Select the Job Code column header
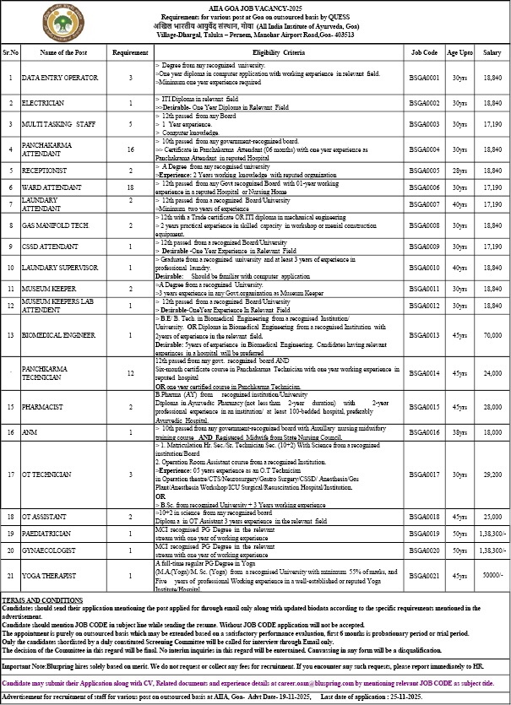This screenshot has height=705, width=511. pyautogui.click(x=424, y=52)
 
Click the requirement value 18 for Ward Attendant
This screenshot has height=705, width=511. pyautogui.click(x=130, y=187)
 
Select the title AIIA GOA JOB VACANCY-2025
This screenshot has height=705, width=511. pyautogui.click(x=256, y=6)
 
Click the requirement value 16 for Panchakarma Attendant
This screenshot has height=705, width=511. pyautogui.click(x=130, y=149)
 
